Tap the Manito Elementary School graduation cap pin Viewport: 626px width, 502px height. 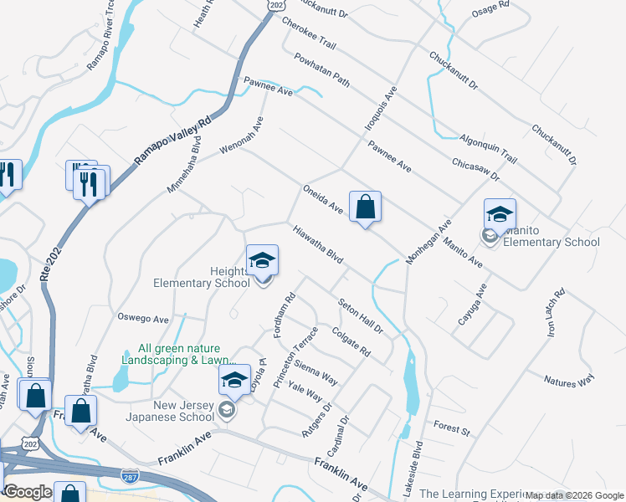pyautogui.click(x=500, y=214)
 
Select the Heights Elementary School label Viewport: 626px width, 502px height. pyautogui.click(x=202, y=277)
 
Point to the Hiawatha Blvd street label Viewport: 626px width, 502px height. pyautogui.click(x=318, y=244)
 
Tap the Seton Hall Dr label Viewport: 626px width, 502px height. pyautogui.click(x=360, y=317)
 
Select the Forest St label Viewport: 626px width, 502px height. pyautogui.click(x=452, y=428)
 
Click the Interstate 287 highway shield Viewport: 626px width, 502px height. pyautogui.click(x=130, y=474)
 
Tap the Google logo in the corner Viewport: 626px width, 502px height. pyautogui.click(x=28, y=492)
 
